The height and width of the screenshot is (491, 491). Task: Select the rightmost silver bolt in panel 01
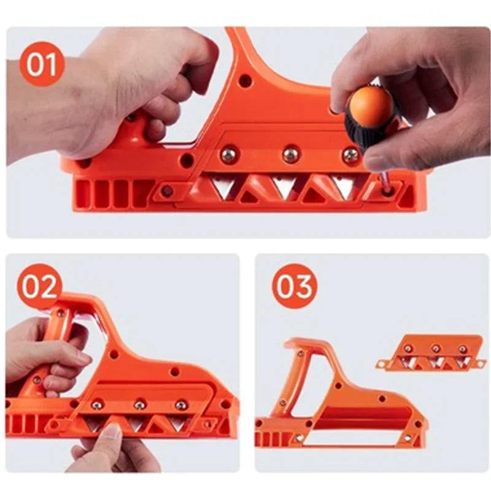pyautogui.click(x=350, y=155)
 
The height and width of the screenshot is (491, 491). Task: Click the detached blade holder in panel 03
pyautogui.click(x=430, y=352)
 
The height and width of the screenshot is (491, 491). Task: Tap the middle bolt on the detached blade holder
pyautogui.click(x=435, y=349)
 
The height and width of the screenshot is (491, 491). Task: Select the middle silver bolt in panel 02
pyautogui.click(x=140, y=404)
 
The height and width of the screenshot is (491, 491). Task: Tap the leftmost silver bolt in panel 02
pyautogui.click(x=97, y=404)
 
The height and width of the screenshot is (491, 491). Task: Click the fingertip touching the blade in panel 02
pyautogui.click(x=110, y=431)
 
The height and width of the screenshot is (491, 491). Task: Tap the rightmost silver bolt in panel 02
pyautogui.click(x=181, y=405)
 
